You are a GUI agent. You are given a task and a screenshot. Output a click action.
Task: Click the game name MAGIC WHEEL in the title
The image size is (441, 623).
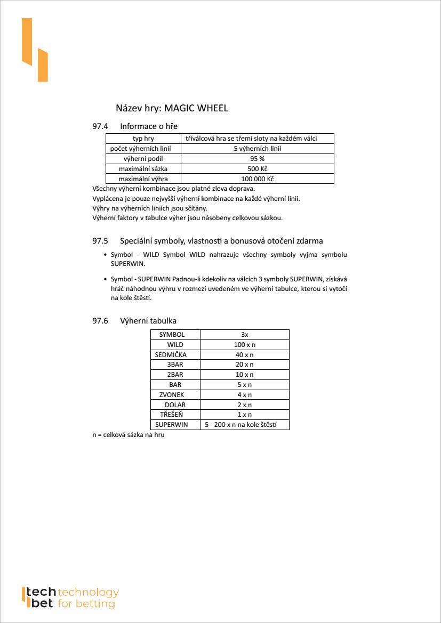(196, 108)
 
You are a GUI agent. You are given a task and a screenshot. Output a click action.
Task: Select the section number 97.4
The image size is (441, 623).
(100, 126)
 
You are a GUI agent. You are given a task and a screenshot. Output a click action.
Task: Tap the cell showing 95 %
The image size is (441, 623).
(257, 159)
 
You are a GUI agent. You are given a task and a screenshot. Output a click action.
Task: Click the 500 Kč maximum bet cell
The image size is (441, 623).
(257, 169)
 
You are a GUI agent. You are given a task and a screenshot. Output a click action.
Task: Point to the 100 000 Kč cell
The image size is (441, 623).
(257, 179)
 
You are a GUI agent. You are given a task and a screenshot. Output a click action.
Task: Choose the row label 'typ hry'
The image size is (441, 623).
(143, 139)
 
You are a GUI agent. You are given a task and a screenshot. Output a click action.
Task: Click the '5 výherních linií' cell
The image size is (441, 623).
(257, 149)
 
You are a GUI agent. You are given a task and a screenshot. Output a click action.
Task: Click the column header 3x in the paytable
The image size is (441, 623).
(244, 335)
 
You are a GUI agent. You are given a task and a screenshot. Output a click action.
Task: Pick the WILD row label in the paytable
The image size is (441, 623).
(175, 345)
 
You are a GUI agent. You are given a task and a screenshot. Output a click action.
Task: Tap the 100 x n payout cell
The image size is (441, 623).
(244, 345)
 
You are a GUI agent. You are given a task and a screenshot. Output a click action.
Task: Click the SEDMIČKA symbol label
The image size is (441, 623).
(171, 354)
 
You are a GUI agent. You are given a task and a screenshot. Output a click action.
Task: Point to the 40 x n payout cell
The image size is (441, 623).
(244, 354)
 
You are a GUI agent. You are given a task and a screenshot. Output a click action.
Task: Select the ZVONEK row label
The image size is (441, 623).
(172, 395)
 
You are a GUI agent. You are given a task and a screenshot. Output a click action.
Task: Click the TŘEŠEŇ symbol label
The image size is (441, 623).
(172, 415)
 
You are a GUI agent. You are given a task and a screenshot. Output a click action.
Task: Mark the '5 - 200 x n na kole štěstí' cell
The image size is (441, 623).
(244, 425)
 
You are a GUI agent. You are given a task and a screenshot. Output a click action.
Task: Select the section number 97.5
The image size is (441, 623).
(100, 241)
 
